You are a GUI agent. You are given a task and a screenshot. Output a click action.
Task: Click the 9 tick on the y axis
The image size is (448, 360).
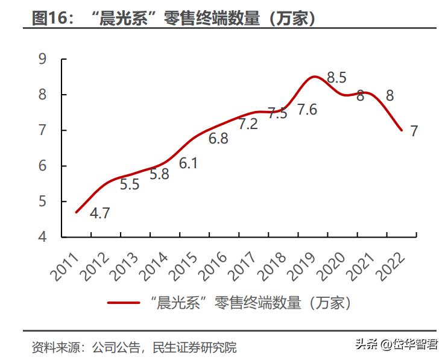42,59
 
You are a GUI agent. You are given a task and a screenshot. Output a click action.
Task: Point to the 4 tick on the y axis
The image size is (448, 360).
42,237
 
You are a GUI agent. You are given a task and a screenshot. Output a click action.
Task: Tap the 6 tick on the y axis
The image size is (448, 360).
42,166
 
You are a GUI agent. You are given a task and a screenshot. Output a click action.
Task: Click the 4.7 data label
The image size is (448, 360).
99,213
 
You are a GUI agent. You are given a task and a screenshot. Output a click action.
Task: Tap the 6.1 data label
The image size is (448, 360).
188,163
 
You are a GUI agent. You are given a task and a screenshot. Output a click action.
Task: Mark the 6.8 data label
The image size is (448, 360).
218,139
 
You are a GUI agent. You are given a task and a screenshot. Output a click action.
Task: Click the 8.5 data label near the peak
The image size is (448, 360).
336,77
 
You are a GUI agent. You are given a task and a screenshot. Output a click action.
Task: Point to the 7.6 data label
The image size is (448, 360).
307,110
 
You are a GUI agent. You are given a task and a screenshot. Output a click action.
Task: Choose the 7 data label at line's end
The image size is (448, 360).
414,131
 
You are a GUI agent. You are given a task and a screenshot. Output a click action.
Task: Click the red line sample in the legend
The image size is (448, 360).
124,303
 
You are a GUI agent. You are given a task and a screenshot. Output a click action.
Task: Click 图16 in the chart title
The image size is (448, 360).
51,18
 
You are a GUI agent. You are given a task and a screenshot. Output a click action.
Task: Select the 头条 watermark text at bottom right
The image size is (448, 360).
365,344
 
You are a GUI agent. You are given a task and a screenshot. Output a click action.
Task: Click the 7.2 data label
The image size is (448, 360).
248,124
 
